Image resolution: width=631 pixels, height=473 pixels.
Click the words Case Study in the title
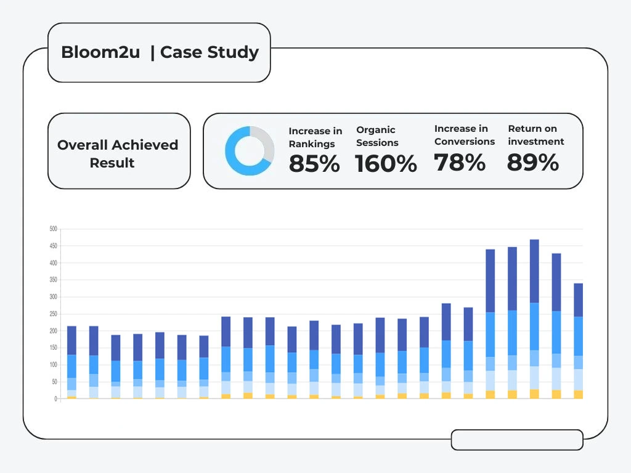(x=210, y=52)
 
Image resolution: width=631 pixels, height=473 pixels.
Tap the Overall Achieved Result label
(x=118, y=153)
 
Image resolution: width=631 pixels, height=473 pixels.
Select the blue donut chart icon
(x=250, y=150)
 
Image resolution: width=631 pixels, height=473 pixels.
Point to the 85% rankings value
(x=314, y=163)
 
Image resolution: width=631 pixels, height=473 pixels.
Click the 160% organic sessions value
(x=386, y=164)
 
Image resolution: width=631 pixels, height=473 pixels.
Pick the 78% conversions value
(x=460, y=163)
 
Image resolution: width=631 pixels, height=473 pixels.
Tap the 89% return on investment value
(x=533, y=163)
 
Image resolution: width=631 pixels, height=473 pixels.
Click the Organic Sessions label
(x=377, y=136)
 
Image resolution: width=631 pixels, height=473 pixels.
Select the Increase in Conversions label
(x=465, y=135)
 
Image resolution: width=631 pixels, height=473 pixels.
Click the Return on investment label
(x=535, y=135)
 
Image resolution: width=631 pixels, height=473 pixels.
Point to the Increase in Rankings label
(x=315, y=137)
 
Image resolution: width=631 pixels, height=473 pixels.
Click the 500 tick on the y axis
(x=53, y=229)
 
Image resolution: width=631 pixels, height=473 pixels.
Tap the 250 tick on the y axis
(x=53, y=314)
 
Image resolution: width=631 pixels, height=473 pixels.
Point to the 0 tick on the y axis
(x=55, y=398)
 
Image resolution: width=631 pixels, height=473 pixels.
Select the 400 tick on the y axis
(x=53, y=263)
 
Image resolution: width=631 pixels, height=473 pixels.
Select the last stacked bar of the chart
(x=578, y=341)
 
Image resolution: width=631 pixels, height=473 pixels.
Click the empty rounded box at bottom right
(x=517, y=440)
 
